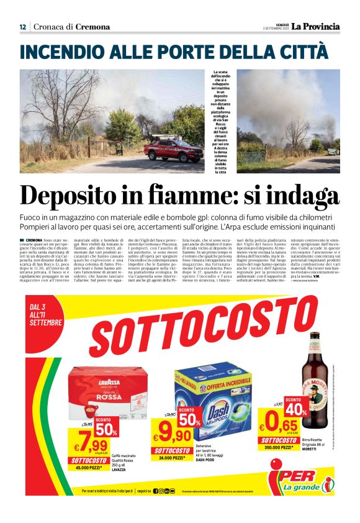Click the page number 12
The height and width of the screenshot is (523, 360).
pos(22,27)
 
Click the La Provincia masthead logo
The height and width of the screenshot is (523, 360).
pos(316,26)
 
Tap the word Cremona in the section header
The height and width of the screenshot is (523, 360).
pos(92,27)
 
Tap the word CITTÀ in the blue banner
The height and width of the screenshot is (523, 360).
pos(302,50)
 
